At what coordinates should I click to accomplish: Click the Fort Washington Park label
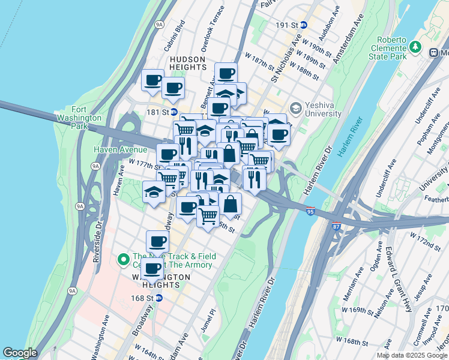(78, 113)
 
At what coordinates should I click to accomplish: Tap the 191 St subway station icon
(304, 25)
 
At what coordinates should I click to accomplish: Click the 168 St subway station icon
(158, 297)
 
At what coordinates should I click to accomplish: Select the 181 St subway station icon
(173, 112)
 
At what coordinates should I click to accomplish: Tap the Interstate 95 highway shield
(310, 211)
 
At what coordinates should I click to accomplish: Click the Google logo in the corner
(20, 353)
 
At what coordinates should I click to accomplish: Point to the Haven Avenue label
(120, 149)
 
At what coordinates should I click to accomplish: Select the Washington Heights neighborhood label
(161, 281)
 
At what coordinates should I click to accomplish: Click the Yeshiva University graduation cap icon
(295, 108)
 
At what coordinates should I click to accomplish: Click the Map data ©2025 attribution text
(412, 355)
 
